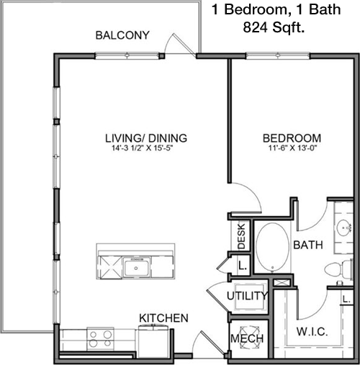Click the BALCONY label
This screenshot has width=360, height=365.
(122, 35)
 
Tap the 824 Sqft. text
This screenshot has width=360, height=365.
(274, 27)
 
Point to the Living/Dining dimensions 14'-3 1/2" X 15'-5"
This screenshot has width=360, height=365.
(143, 148)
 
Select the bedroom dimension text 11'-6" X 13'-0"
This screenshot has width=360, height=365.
(293, 148)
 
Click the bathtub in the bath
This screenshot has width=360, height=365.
(272, 247)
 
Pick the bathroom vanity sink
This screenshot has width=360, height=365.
(344, 227)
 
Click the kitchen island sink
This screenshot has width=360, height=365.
(137, 267)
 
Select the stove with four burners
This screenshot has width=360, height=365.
(100, 338)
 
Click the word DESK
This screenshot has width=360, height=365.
(241, 236)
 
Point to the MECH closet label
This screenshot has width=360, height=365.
(247, 338)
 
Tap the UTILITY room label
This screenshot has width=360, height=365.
(247, 296)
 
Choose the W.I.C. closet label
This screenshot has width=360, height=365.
(312, 332)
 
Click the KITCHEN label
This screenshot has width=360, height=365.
(164, 318)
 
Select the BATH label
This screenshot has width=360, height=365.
(308, 245)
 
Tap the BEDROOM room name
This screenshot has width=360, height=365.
(292, 138)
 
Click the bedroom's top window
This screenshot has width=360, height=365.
(278, 56)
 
